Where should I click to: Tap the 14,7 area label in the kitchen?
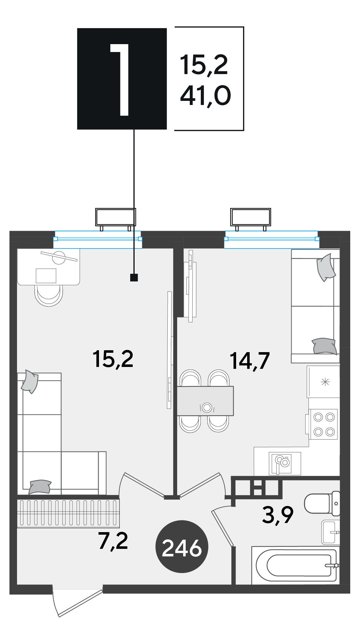pyautogui.click(x=250, y=361)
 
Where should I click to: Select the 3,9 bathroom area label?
pyautogui.click(x=277, y=515)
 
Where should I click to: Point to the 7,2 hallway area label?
pyautogui.click(x=113, y=541)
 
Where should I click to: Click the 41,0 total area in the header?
pyautogui.click(x=206, y=96)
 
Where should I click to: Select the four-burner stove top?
pyautogui.click(x=323, y=424)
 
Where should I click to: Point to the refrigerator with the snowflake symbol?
pyautogui.click(x=323, y=382)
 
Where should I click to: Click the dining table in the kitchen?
pyautogui.click(x=205, y=401)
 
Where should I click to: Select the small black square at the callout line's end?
pyautogui.click(x=134, y=277)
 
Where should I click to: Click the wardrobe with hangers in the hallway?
pyautogui.click(x=68, y=514)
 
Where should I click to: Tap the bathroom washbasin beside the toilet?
pyautogui.click(x=330, y=532)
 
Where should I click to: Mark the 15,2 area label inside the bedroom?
pyautogui.click(x=113, y=359)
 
